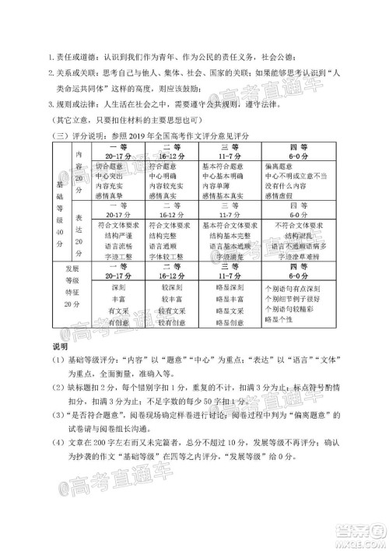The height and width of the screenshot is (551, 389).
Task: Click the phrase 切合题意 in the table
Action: tap(110, 167)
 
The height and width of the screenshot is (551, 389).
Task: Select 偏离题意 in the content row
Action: tap(282, 167)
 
